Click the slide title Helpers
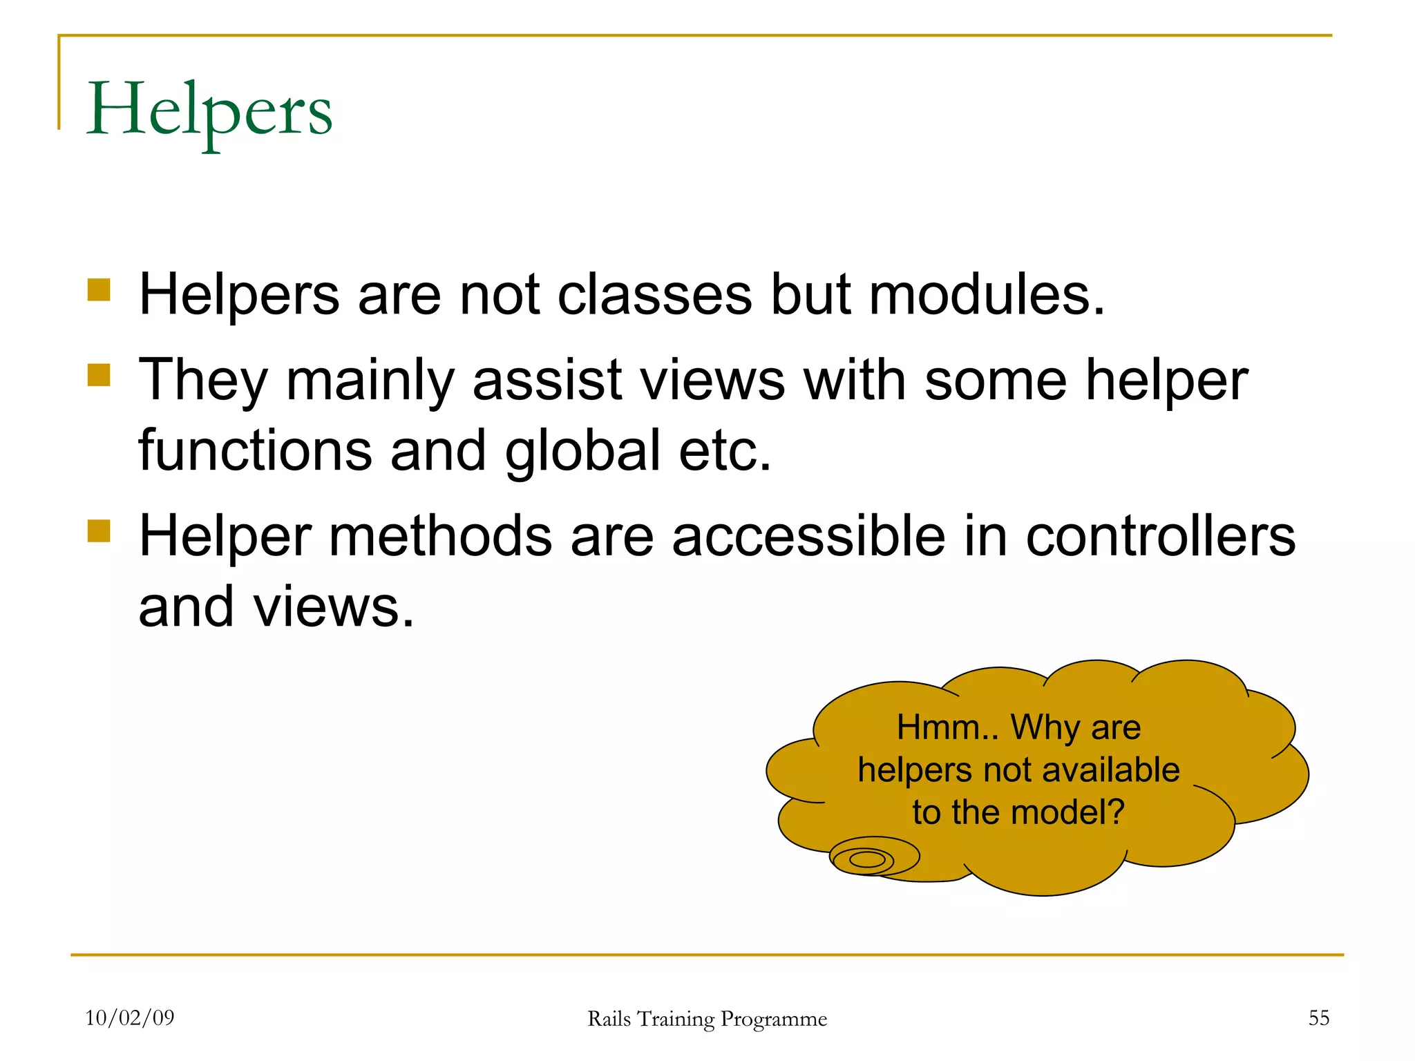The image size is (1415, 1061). pos(209,111)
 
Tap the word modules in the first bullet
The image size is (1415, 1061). pos(986,295)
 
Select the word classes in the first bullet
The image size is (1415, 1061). pos(654,295)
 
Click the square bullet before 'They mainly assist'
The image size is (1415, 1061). pos(99,375)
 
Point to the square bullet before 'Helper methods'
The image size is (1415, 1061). pos(99,530)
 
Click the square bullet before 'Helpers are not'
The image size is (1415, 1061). pos(99,289)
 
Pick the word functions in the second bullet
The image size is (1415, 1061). pos(255,450)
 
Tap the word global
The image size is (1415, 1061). pos(582,450)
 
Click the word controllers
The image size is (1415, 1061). pos(1160,536)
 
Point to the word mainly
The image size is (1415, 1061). pos(370,382)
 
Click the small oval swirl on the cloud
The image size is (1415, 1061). pos(868,859)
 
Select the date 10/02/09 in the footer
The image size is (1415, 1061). pos(130,1017)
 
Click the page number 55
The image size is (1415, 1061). pos(1318,1017)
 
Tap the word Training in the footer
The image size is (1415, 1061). pos(676,1020)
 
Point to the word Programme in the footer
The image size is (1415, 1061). pos(774,1020)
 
